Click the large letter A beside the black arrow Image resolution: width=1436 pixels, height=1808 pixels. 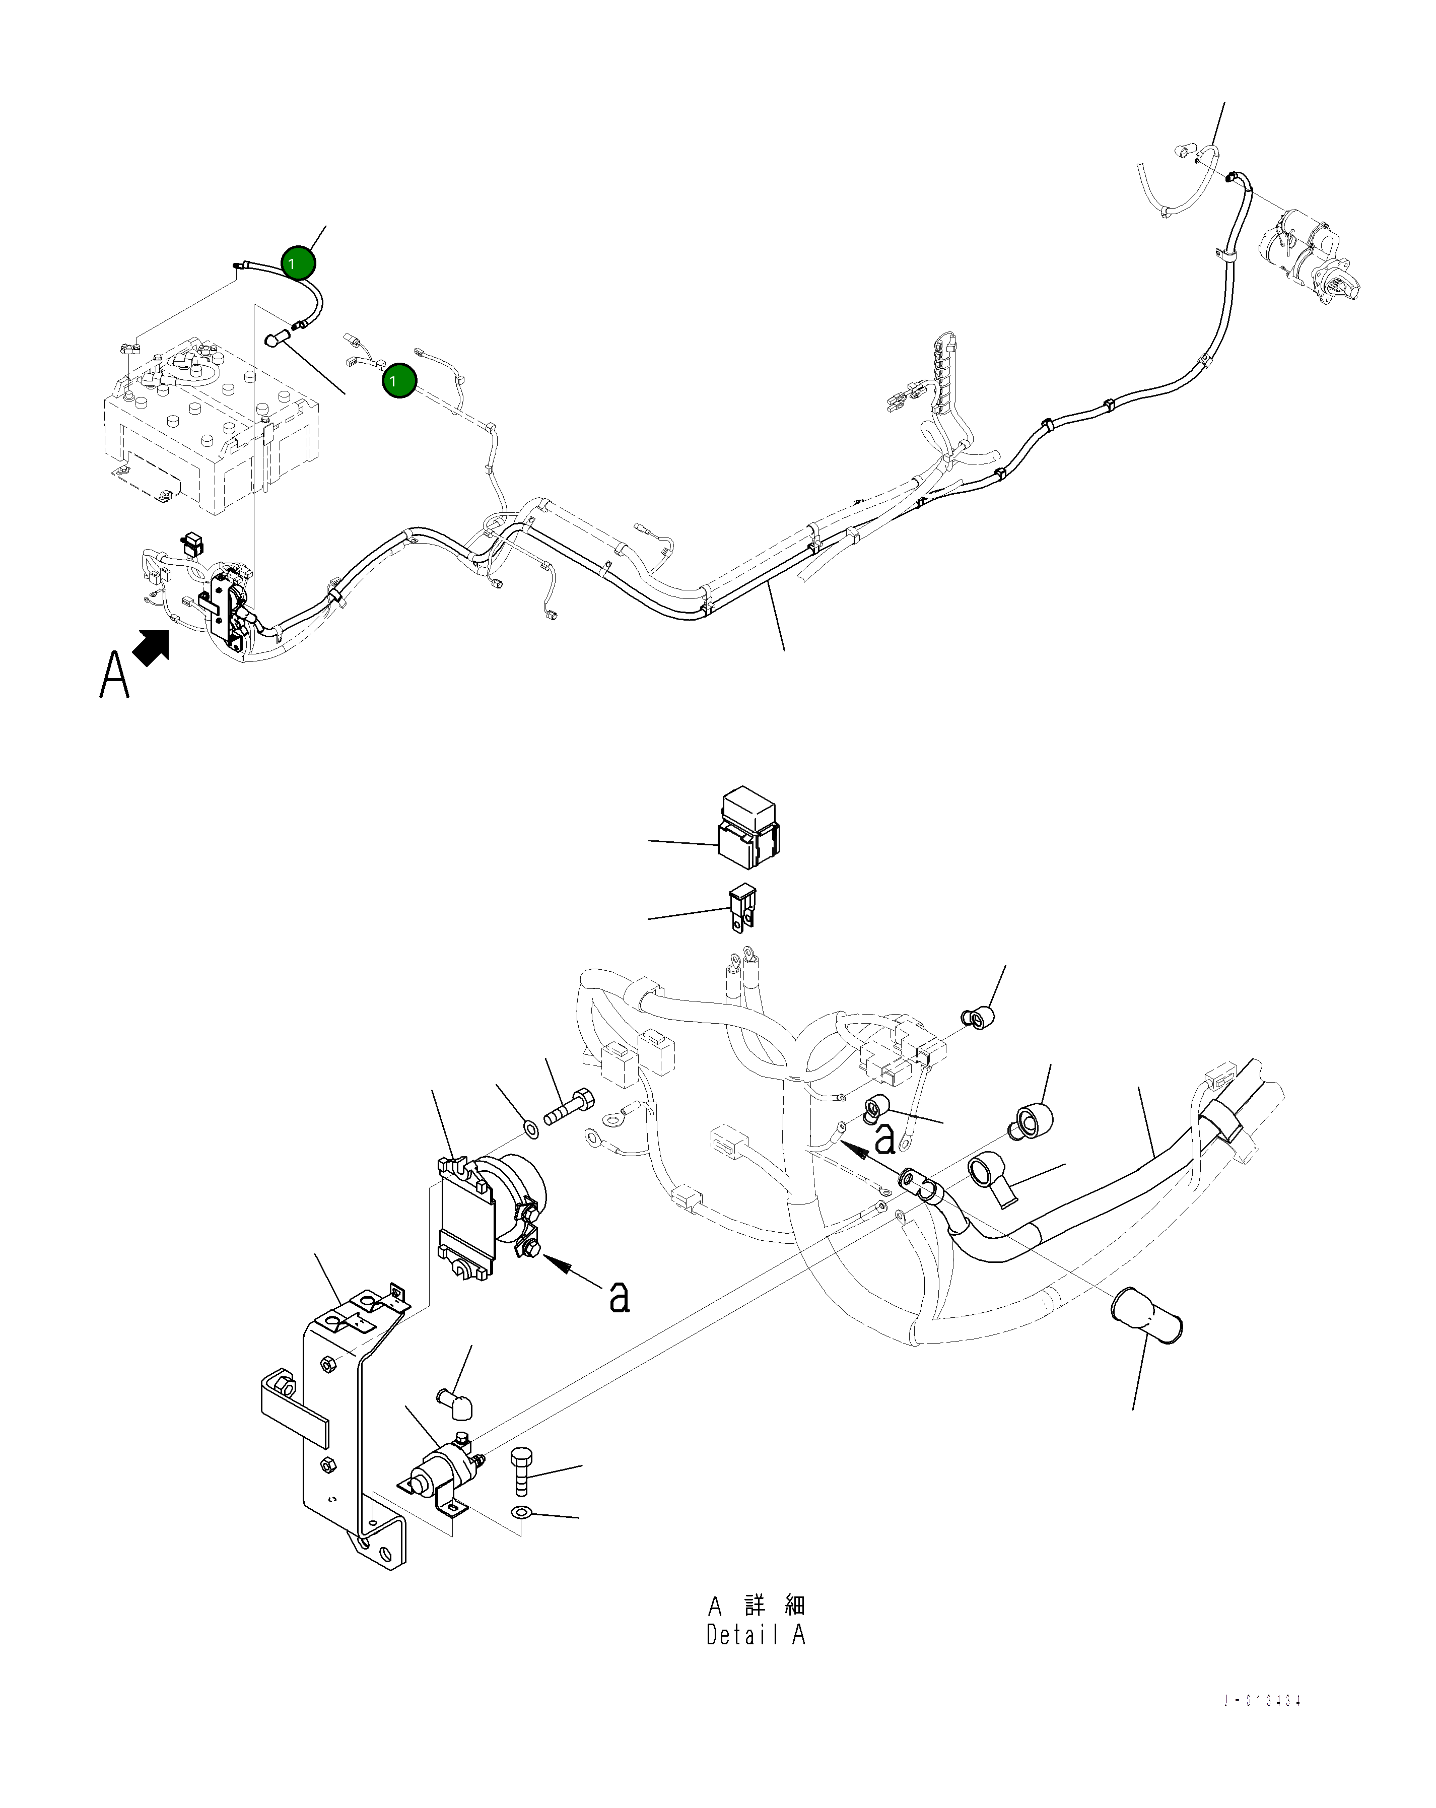(x=115, y=676)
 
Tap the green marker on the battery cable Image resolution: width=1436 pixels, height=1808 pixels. (x=299, y=263)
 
